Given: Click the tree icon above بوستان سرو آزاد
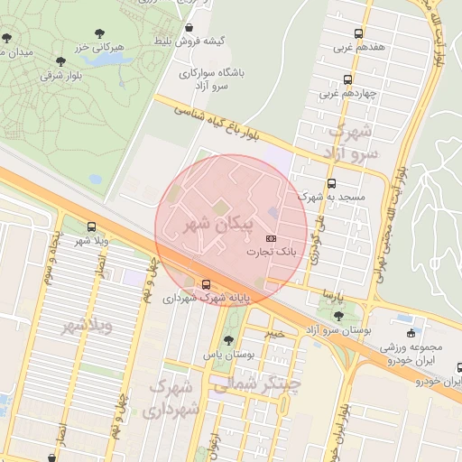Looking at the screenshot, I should (337, 316).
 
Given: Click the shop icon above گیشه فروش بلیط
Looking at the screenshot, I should (188, 28).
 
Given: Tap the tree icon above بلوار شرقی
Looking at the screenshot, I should (60, 61).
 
